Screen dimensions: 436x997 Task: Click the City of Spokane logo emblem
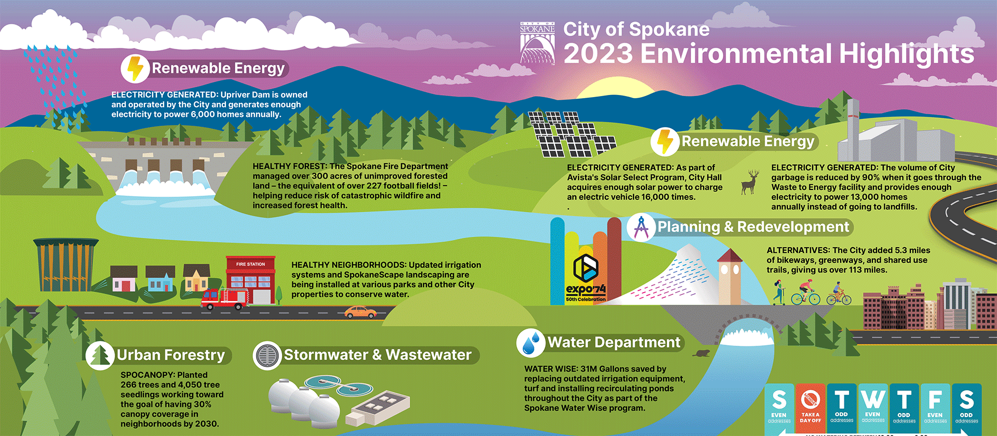537,43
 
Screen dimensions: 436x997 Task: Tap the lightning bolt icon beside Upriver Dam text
135,69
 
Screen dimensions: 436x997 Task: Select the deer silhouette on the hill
749,182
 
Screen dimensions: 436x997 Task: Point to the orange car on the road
360,311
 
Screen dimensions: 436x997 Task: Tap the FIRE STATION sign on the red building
250,264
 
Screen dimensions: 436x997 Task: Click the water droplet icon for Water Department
530,343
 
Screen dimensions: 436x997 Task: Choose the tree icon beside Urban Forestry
100,356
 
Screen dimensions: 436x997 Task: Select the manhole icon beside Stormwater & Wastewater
267,356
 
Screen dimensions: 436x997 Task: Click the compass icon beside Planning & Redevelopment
641,227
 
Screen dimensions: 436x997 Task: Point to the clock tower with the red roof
730,275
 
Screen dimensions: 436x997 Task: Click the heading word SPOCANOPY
141,375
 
